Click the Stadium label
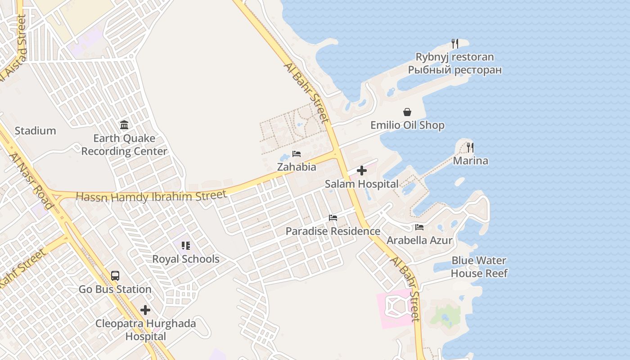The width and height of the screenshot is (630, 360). coord(35,131)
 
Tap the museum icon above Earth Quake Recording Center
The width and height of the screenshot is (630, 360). coord(124,125)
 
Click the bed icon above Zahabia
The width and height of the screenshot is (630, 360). coord(296,154)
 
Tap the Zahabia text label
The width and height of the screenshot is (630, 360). coord(297,167)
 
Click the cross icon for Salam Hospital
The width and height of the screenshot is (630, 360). coord(361,171)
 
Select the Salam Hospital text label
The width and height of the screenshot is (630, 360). coord(362,184)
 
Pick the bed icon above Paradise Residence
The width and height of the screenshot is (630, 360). coord(333,218)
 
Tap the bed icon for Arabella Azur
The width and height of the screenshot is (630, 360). coord(419,227)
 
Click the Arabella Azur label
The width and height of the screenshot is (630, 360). coord(419,240)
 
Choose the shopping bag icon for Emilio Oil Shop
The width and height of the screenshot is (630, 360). coord(407,112)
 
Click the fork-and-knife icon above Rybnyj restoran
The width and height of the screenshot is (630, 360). coord(455,44)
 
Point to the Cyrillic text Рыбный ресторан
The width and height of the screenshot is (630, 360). coord(455,70)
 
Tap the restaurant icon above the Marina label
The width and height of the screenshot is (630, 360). coord(470,147)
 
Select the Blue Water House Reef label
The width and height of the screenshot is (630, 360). coord(479,267)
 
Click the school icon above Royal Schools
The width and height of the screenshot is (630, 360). coord(185,246)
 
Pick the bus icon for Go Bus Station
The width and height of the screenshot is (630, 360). coord(115,276)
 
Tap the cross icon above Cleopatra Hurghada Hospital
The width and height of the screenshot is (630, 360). coord(145,310)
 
